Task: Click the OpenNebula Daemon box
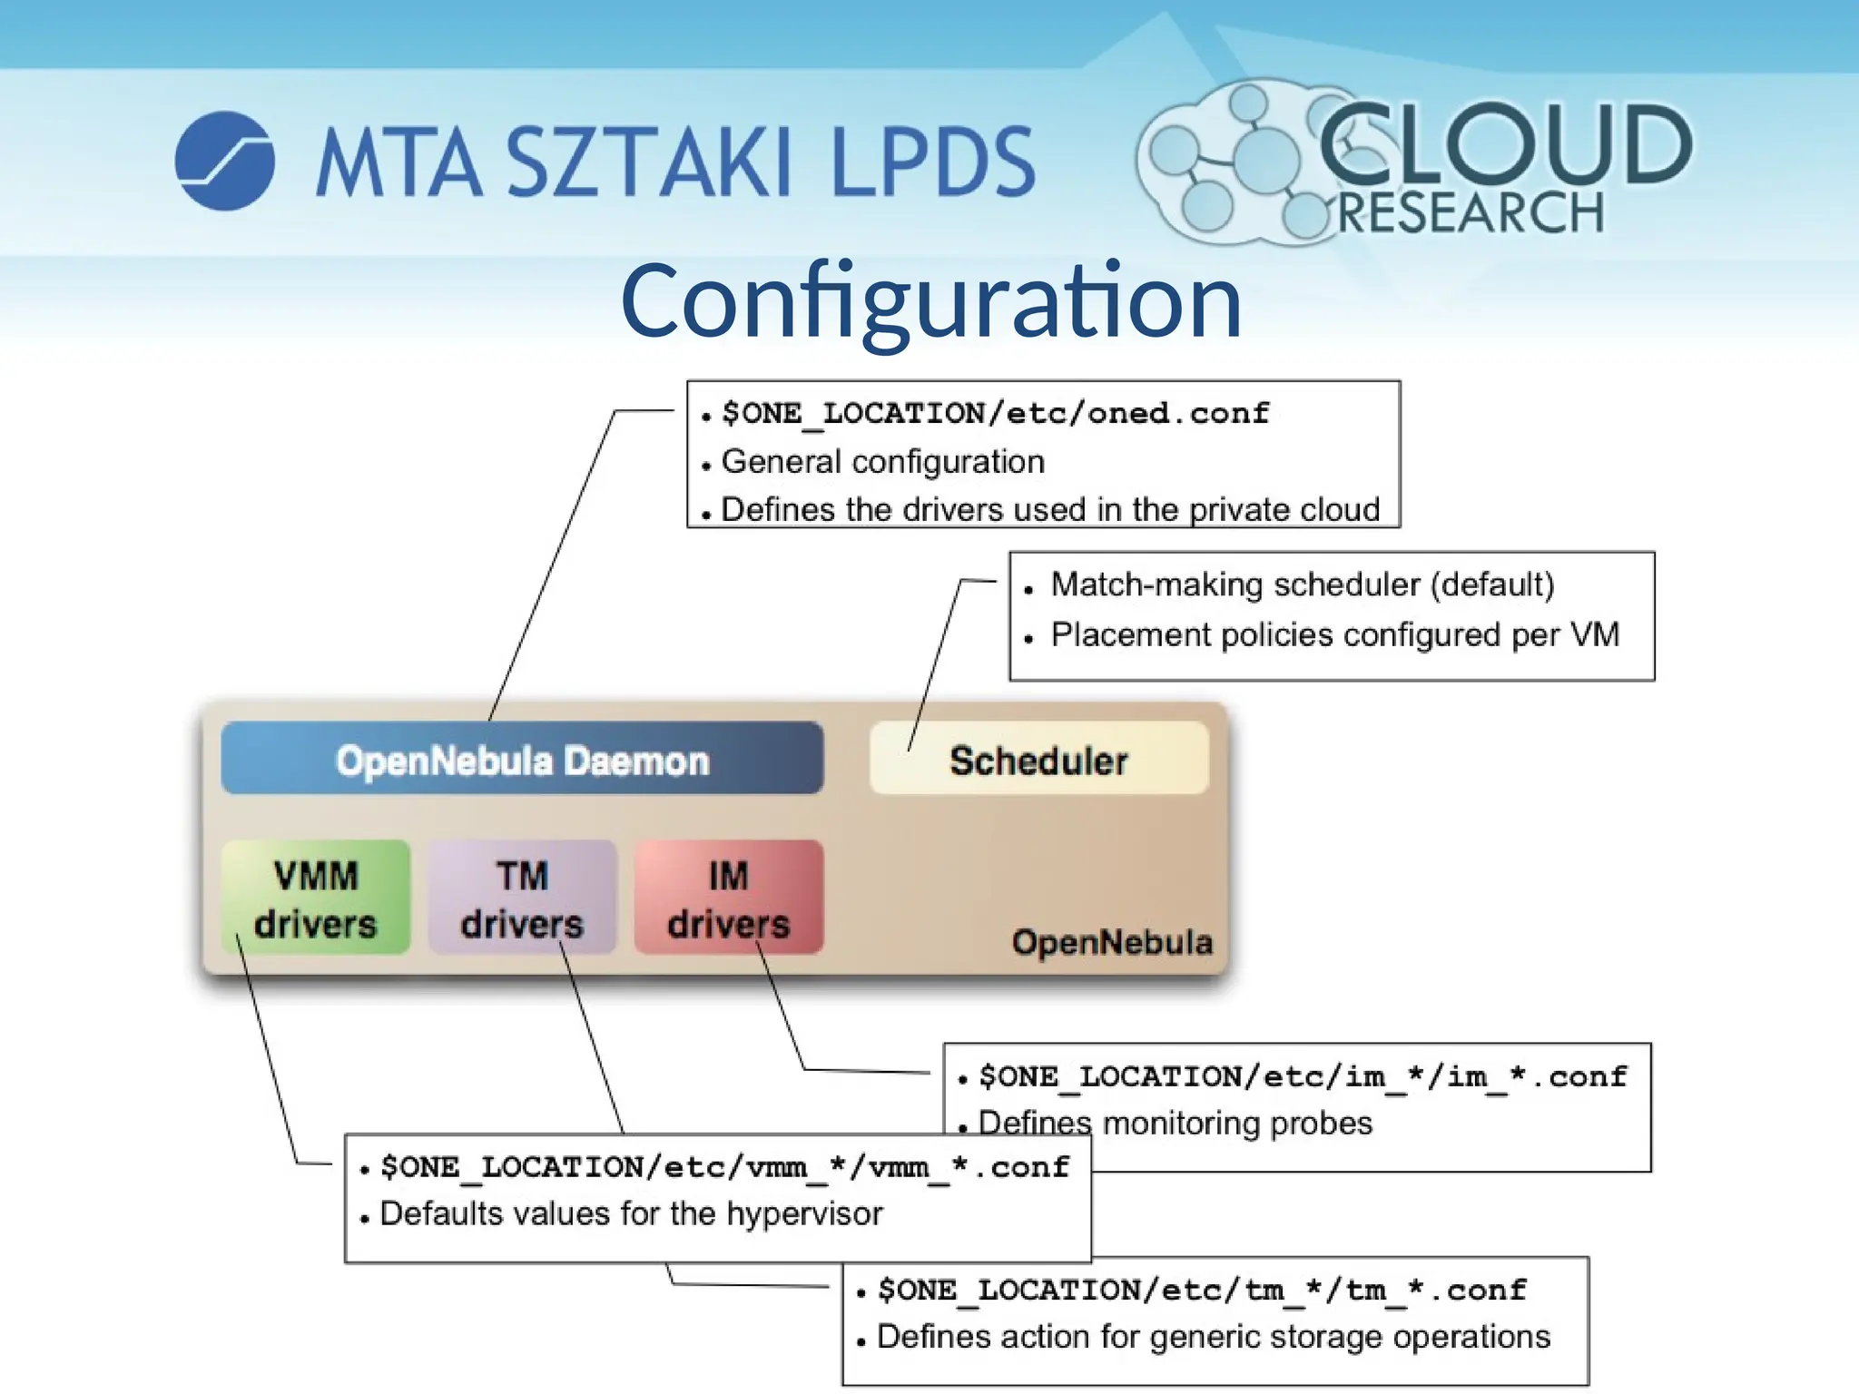point(522,759)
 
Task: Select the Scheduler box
point(1038,759)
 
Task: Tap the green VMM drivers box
point(315,898)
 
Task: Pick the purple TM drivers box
point(522,898)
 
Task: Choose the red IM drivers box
point(728,898)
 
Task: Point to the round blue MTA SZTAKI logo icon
point(225,161)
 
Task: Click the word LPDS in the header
point(932,162)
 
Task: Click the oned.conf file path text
point(995,414)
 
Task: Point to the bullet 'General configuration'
point(882,462)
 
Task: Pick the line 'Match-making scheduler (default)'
point(1302,584)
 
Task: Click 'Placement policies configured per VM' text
point(1334,634)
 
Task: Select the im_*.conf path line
point(1302,1077)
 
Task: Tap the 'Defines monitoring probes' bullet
point(1175,1124)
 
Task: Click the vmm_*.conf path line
point(724,1167)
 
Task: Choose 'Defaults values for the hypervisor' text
point(631,1214)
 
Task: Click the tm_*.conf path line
point(1202,1291)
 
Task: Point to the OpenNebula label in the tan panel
point(1112,943)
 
